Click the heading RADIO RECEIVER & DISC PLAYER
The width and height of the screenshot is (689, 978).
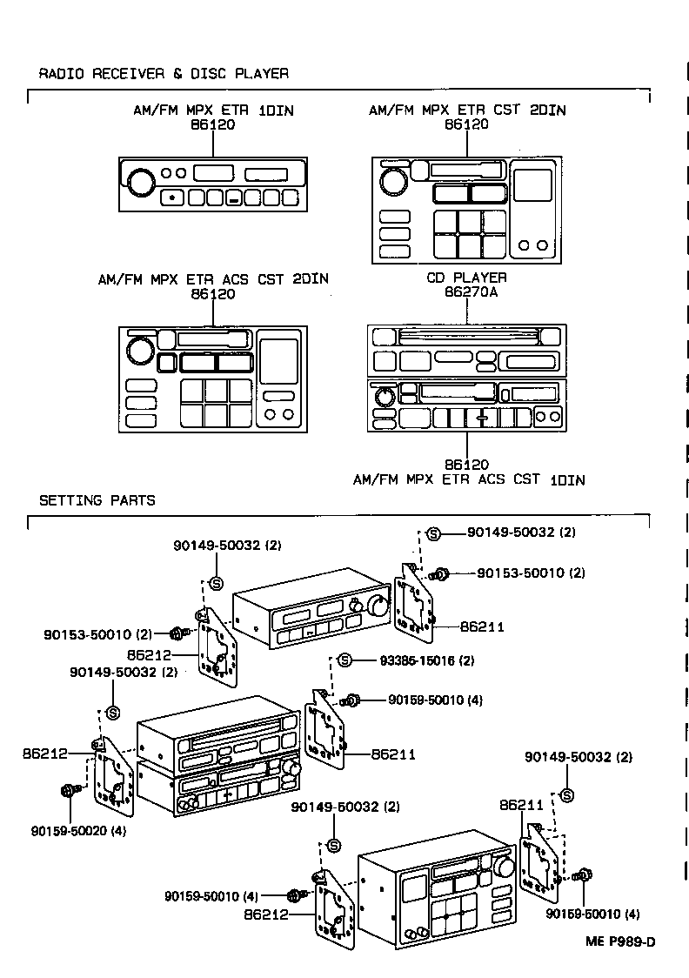coord(164,74)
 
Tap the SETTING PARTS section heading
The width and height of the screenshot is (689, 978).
coord(97,500)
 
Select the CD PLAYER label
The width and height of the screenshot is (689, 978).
coord(466,278)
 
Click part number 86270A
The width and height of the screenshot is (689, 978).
coord(471,291)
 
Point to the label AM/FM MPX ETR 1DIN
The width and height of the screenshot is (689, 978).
coord(213,111)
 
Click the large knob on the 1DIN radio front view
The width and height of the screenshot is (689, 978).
coord(141,182)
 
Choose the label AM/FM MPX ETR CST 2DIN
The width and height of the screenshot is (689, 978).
coord(467,111)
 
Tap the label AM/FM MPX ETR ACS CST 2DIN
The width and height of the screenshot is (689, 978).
coord(213,278)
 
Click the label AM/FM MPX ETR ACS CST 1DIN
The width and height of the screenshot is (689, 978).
coord(469,479)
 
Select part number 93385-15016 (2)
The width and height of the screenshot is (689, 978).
coord(427,660)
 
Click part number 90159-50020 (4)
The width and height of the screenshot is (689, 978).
coord(78,831)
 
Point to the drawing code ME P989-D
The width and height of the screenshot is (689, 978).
coord(620,941)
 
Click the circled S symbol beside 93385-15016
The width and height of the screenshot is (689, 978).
coord(344,660)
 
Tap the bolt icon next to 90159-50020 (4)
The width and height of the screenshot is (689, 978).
coord(70,791)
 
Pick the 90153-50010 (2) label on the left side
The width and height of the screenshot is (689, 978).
coord(98,634)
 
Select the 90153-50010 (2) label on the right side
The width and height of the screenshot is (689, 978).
coord(532,573)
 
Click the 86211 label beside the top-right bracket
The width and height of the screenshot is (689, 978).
coord(482,626)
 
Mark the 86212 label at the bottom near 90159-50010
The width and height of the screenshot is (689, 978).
coord(266,914)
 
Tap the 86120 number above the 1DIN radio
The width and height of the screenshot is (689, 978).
coord(213,124)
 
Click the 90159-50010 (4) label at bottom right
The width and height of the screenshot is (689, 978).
coord(593,914)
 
